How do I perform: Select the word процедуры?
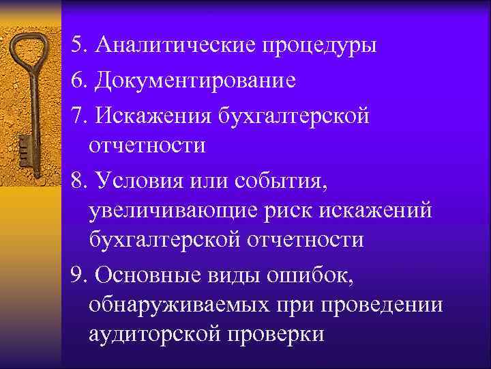318,46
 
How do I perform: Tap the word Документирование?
196,81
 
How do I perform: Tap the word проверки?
280,335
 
